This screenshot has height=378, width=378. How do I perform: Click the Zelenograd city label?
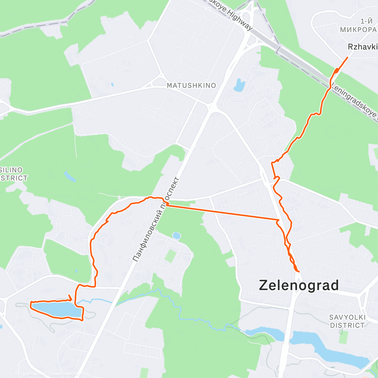point(299,285)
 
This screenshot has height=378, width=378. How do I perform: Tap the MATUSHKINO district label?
point(191,85)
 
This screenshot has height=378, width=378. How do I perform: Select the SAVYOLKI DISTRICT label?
point(347,321)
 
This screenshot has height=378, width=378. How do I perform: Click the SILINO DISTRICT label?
point(13,174)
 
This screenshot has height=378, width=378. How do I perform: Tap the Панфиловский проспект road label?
point(156,220)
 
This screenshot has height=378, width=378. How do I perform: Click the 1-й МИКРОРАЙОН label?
point(359,26)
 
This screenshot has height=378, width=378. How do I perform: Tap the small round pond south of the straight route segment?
point(176,235)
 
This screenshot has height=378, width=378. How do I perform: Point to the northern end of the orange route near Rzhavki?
point(347,57)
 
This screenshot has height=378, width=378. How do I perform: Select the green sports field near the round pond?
point(170,255)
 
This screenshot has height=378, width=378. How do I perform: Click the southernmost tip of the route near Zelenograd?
point(297,271)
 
